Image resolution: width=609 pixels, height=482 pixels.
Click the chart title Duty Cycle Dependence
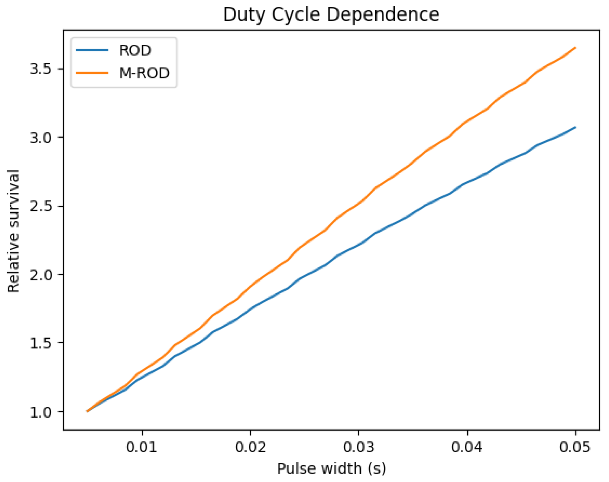pyautogui.click(x=331, y=15)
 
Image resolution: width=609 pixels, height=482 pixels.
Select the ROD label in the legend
pyautogui.click(x=135, y=50)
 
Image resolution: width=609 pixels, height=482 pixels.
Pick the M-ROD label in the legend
pyautogui.click(x=144, y=73)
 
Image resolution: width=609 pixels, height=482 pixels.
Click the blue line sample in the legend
pyautogui.click(x=92, y=50)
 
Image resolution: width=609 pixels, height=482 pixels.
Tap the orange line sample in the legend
pyautogui.click(x=92, y=73)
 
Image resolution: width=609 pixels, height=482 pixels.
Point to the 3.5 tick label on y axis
pyautogui.click(x=40, y=69)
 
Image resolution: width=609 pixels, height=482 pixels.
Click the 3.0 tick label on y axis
pyautogui.click(x=40, y=138)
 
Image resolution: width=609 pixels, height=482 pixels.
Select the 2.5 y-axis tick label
pyautogui.click(x=40, y=206)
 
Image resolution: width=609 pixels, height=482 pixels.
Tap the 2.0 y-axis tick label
pyautogui.click(x=40, y=275)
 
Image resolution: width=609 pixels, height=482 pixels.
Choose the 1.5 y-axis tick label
pyautogui.click(x=40, y=343)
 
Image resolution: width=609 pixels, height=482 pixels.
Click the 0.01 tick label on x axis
pyautogui.click(x=142, y=447)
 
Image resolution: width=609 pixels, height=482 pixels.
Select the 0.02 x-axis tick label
pyautogui.click(x=250, y=447)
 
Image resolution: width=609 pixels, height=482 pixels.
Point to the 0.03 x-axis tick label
pyautogui.click(x=359, y=447)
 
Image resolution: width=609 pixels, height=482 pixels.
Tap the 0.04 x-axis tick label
pyautogui.click(x=467, y=447)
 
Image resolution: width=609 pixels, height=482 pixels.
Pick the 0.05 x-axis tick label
pyautogui.click(x=575, y=447)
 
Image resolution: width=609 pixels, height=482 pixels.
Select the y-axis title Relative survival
pyautogui.click(x=13, y=231)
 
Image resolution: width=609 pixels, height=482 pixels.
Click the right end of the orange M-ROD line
pyautogui.click(x=576, y=48)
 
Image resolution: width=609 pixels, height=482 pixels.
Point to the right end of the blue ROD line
pyautogui.click(x=576, y=127)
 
